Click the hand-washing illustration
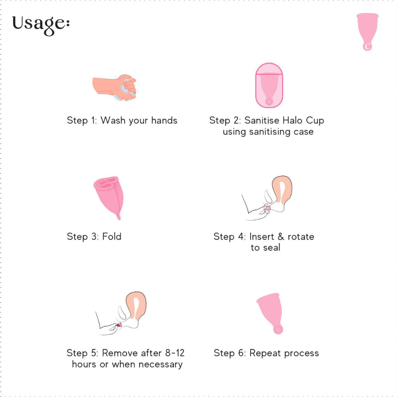(x=114, y=87)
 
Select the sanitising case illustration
(x=269, y=85)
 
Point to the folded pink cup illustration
(x=109, y=196)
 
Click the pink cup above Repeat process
(x=270, y=313)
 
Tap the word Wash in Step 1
(x=113, y=120)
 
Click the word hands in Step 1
(x=164, y=120)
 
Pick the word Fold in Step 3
(x=112, y=236)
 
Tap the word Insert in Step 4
(x=262, y=236)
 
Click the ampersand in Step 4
(x=281, y=236)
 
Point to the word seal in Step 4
(x=272, y=247)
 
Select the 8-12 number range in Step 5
(x=175, y=353)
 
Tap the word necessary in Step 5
(x=160, y=364)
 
